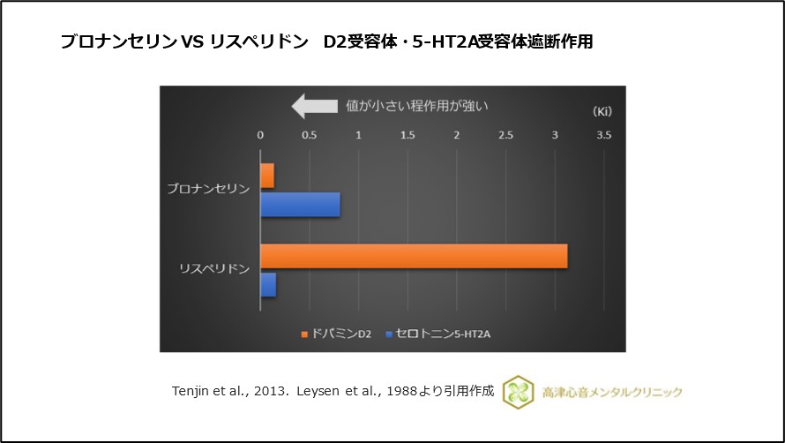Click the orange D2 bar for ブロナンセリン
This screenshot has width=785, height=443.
pyautogui.click(x=267, y=176)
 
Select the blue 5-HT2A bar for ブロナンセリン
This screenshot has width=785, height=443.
pyautogui.click(x=300, y=205)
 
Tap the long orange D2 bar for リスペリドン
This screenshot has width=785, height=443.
pyautogui.click(x=414, y=256)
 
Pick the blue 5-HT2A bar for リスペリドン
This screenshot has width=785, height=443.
pyautogui.click(x=268, y=285)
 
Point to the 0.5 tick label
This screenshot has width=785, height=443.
pyautogui.click(x=310, y=136)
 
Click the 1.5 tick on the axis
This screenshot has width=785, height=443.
pyautogui.click(x=407, y=136)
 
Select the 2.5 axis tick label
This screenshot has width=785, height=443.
pyautogui.click(x=505, y=136)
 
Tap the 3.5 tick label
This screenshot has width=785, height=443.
pyautogui.click(x=603, y=136)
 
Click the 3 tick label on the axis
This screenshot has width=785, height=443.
pyautogui.click(x=555, y=136)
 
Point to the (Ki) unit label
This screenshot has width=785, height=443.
pyautogui.click(x=601, y=112)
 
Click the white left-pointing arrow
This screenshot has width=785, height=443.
pyautogui.click(x=314, y=107)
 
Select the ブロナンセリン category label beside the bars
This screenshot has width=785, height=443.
pyautogui.click(x=208, y=190)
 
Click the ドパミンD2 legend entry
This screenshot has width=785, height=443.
pyautogui.click(x=336, y=334)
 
